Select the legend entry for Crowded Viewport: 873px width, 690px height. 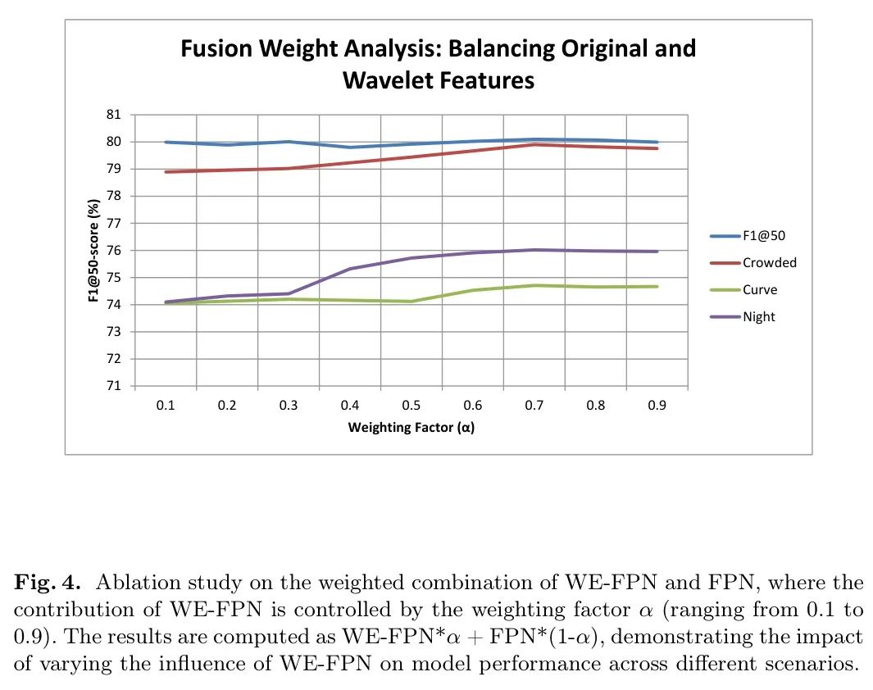[x=769, y=263]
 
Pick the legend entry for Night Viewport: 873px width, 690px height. [x=758, y=317]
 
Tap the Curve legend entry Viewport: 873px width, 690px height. [x=760, y=290]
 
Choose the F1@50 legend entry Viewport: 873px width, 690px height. [x=764, y=236]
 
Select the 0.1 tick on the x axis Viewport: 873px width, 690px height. [x=165, y=406]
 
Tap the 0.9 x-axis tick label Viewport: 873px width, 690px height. [x=657, y=406]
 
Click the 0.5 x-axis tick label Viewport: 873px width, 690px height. [x=411, y=406]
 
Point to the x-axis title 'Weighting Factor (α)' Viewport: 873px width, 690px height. [x=411, y=427]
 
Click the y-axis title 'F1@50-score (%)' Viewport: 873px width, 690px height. [x=94, y=251]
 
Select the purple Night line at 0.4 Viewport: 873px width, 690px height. [x=350, y=269]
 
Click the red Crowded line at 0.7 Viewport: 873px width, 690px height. [x=534, y=144]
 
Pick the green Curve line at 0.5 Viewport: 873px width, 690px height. [x=411, y=302]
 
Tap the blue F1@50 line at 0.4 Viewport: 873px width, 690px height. [x=350, y=148]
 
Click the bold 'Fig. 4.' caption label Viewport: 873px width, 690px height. [x=48, y=583]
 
